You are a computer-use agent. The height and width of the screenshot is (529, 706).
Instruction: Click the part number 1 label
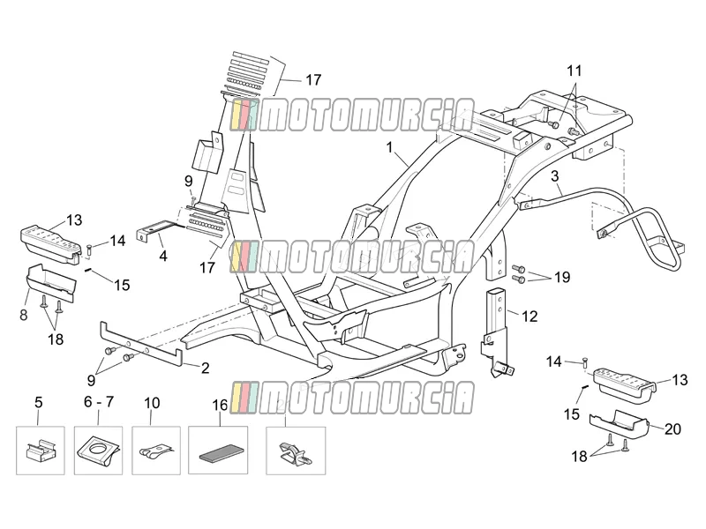[x=389, y=147]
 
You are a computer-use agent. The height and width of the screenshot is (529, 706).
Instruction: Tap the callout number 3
[x=555, y=175]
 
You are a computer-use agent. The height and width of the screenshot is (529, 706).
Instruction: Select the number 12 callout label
[x=529, y=317]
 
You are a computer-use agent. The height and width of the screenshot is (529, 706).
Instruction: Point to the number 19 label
[x=562, y=277]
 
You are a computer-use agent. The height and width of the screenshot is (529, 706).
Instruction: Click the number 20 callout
[x=672, y=429]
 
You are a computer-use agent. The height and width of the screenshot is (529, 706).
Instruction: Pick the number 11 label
[x=575, y=71]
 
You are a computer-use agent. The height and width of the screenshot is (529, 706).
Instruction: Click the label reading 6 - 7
[x=99, y=402]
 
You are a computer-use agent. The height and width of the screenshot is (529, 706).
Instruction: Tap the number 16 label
[x=220, y=406]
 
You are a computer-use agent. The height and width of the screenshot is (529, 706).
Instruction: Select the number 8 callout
[x=24, y=316]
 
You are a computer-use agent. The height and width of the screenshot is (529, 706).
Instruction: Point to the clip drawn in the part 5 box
[x=41, y=450]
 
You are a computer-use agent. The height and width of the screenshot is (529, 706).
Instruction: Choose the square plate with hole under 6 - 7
[x=98, y=451]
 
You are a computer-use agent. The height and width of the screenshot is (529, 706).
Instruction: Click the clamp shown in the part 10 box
[x=156, y=451]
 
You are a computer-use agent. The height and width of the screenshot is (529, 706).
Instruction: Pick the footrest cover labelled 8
[x=50, y=282]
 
